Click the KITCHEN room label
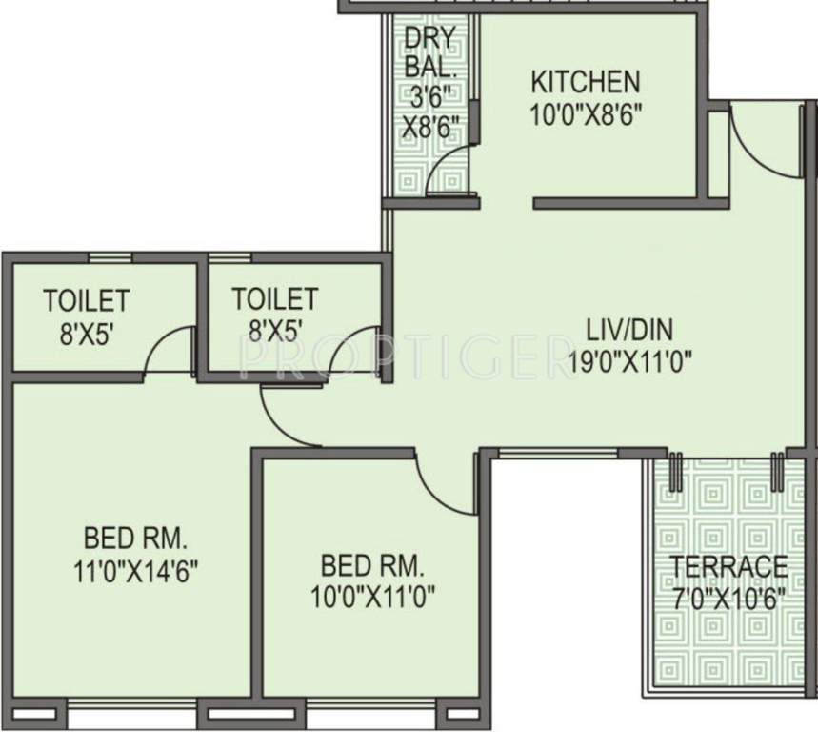(585, 80)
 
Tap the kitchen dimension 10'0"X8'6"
(585, 114)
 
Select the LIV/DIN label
(629, 330)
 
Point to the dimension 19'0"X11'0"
(628, 361)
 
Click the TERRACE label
(729, 566)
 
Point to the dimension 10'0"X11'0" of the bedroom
(371, 597)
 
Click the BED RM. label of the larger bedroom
(134, 537)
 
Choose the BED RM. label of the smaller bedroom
(371, 565)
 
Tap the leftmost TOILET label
(85, 299)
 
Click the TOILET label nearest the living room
(274, 298)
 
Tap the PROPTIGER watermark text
(400, 356)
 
